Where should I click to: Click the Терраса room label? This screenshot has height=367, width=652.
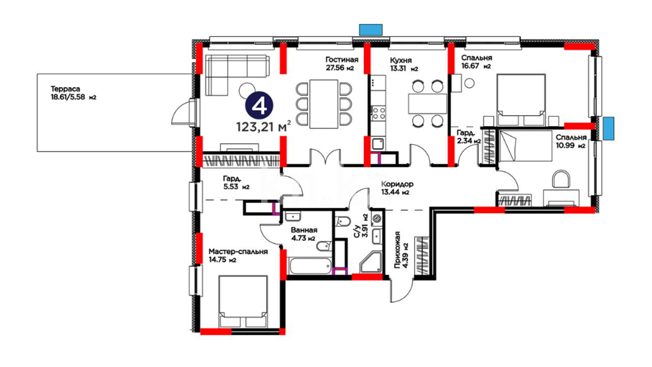click(66, 89)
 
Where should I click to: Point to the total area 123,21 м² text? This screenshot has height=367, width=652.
click(264, 126)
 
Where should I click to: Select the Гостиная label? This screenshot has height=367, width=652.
click(342, 60)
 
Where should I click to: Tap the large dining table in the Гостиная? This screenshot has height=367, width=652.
click(324, 104)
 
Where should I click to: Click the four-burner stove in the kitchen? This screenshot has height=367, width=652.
click(378, 113)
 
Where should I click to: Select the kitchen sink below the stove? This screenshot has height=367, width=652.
click(378, 144)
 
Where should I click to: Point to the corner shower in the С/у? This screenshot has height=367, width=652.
click(372, 262)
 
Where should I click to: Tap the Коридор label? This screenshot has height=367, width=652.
click(397, 184)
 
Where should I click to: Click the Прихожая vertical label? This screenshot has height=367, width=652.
click(397, 250)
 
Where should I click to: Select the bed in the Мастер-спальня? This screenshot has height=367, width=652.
click(243, 302)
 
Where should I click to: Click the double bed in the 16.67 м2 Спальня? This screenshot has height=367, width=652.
click(521, 100)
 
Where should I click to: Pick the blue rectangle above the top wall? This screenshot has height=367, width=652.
click(371, 30)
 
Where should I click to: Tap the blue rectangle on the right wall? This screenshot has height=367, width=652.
click(609, 128)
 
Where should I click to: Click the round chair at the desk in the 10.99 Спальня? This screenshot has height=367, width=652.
click(561, 179)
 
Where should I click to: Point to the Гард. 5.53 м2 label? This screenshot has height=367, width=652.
click(236, 182)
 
